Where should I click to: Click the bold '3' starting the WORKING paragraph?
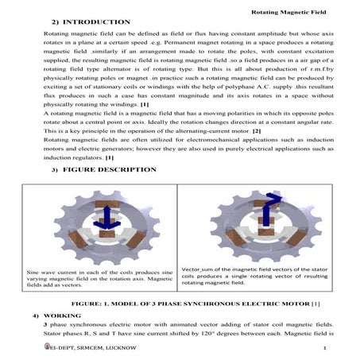pos(46,325)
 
